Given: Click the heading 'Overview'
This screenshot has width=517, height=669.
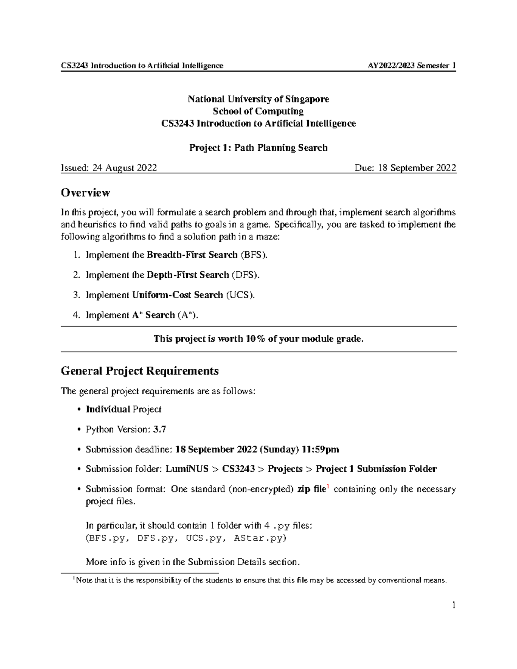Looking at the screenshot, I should point(85,193).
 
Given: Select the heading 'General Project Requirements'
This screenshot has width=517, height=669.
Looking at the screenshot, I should point(140,371).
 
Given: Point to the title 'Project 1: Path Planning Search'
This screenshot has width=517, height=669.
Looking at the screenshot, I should point(258,148).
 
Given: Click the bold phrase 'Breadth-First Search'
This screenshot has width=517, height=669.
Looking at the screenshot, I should point(192,255).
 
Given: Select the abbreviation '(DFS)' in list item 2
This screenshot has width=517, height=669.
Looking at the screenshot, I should point(246,275).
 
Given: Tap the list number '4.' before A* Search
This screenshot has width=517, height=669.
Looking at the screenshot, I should point(76,315).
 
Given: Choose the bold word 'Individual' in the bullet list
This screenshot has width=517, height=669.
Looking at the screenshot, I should point(108,409).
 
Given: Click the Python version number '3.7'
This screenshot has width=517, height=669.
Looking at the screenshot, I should point(159,429).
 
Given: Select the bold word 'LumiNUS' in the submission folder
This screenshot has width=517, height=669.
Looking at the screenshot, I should point(187,469).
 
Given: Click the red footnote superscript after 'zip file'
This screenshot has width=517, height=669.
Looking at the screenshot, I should point(328,486).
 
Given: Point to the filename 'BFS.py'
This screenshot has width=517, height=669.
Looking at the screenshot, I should point(107,538).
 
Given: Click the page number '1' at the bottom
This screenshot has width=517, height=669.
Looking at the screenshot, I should point(453,606).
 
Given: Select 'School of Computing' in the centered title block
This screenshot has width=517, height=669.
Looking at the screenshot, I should point(258,111).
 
